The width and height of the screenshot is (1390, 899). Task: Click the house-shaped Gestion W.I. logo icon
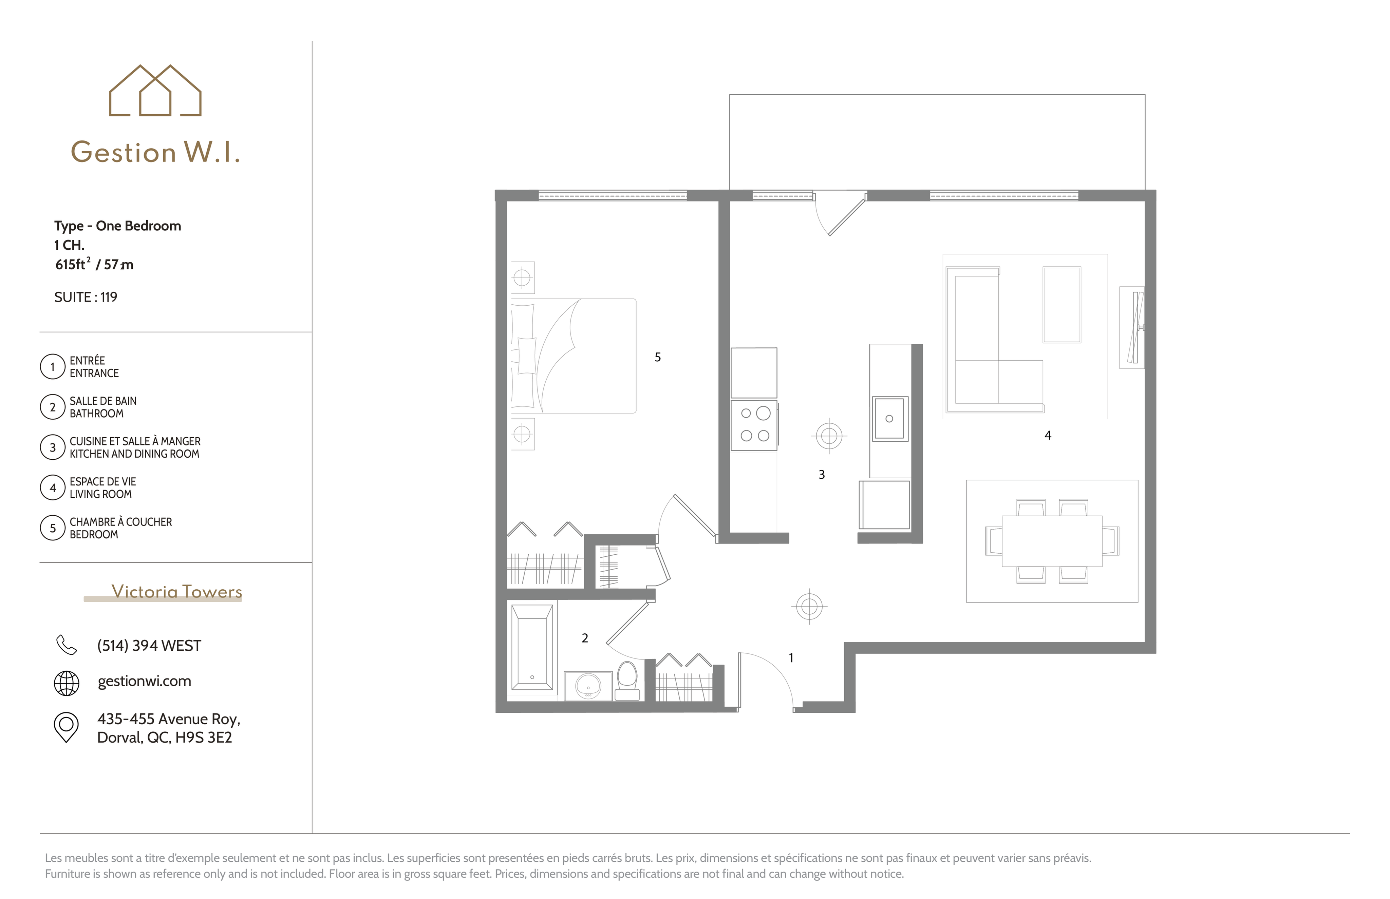155,91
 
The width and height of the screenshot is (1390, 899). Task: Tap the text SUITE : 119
86,297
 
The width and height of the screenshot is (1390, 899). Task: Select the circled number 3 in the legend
53,447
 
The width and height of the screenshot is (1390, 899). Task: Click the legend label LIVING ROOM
100,494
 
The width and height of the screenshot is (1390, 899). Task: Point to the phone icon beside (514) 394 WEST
66,645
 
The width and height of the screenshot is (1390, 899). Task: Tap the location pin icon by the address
66,727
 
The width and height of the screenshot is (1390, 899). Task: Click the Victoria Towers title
176,591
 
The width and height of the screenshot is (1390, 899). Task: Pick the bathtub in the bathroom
532,647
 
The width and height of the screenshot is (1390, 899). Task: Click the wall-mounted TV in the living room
1135,327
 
